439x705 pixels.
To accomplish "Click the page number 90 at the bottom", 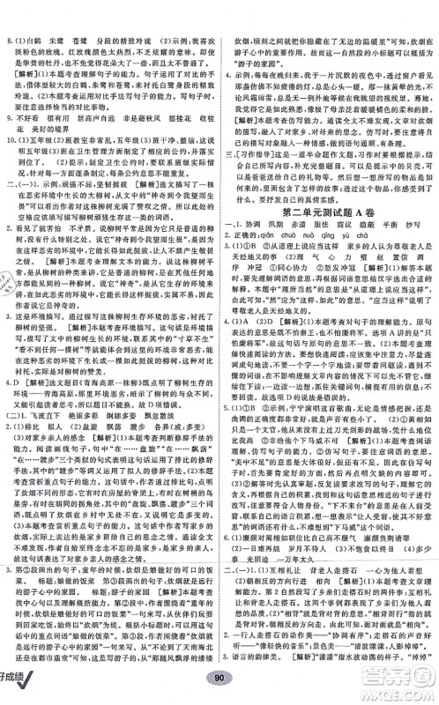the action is pos(219,690).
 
